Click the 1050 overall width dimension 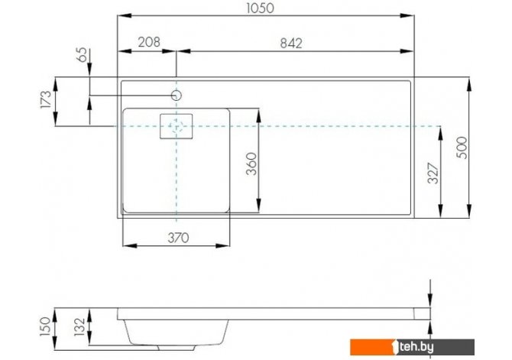260,8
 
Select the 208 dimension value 149,42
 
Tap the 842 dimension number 291,43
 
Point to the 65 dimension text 83,54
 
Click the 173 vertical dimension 46,100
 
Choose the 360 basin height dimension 251,164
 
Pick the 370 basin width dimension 178,238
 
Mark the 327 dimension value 433,174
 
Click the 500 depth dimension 462,148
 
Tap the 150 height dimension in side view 46,326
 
